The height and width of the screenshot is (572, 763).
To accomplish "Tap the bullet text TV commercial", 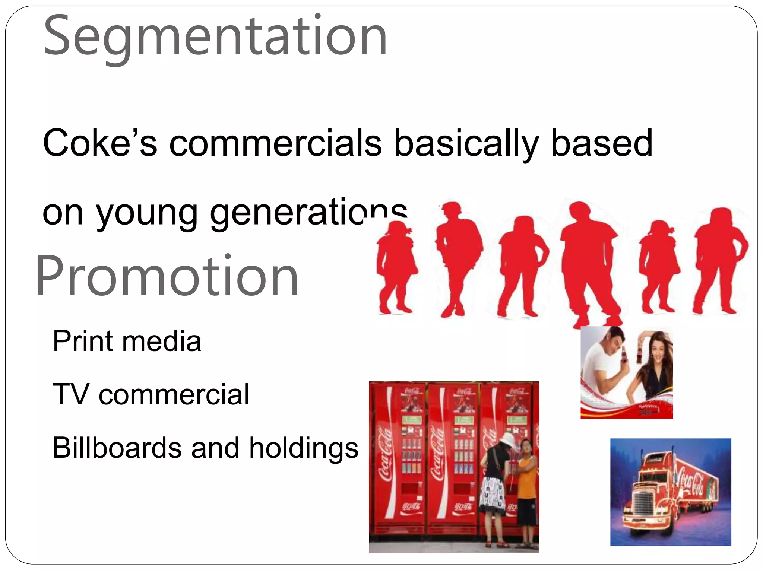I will [151, 394].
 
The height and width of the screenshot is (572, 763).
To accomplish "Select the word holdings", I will [304, 448].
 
